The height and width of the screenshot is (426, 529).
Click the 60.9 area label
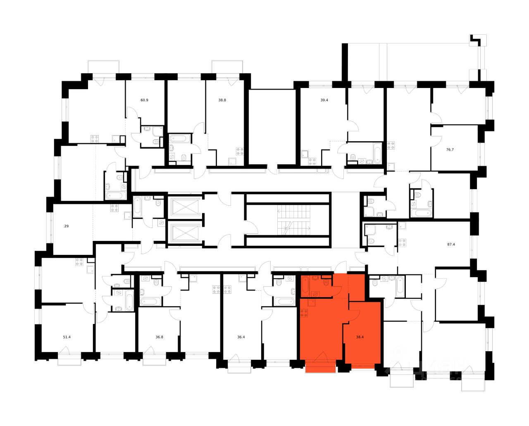tap(144, 100)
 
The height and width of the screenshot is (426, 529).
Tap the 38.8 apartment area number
tap(222, 100)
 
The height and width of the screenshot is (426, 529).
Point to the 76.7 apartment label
tap(450, 150)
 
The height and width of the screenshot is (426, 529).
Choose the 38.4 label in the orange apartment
tap(360, 337)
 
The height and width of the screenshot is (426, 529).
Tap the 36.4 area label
tap(241, 337)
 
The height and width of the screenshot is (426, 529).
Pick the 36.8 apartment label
tap(160, 337)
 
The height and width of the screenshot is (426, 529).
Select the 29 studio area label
tap(66, 226)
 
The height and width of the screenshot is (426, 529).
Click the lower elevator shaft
tap(185, 233)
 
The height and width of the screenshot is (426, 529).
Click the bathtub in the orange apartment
tap(305, 285)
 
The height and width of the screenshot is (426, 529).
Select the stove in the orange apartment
tap(305, 313)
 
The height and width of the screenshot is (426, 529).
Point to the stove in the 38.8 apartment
tap(240, 151)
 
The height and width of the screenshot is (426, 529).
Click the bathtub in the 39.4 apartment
tap(376, 152)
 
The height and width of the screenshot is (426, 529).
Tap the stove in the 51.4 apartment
tap(80, 262)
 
